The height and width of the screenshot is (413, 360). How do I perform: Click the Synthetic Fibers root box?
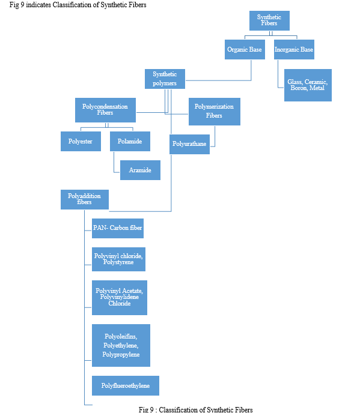(x=269, y=20)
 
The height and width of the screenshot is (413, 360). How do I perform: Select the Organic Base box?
(x=245, y=49)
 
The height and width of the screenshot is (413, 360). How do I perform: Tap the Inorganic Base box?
(x=294, y=49)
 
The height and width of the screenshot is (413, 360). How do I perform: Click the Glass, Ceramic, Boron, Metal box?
(x=308, y=85)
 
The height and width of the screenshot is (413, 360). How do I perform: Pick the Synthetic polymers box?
(x=165, y=79)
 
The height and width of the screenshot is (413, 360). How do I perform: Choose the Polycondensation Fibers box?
(x=105, y=110)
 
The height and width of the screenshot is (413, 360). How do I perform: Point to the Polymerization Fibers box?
(x=215, y=112)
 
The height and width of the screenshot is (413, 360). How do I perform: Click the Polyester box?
(x=81, y=142)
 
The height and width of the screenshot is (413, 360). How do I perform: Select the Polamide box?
(x=130, y=142)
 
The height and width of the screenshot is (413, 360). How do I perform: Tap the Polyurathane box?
(x=189, y=144)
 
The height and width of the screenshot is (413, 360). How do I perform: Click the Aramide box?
(x=140, y=170)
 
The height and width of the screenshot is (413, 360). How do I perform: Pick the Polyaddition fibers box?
(x=84, y=199)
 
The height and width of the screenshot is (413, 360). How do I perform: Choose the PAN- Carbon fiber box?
(x=118, y=228)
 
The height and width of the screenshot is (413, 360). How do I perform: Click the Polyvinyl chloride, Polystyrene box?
(x=118, y=259)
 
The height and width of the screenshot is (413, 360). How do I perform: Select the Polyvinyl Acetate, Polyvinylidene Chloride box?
(x=120, y=298)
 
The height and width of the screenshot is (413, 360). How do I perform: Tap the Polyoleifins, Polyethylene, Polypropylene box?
(x=121, y=345)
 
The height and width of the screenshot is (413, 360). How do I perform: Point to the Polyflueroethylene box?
(x=125, y=385)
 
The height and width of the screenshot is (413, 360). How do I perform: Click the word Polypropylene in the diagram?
(x=121, y=355)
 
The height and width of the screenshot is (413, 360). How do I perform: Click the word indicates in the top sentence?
(x=38, y=5)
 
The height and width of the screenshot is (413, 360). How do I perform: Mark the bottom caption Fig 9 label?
(x=146, y=409)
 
